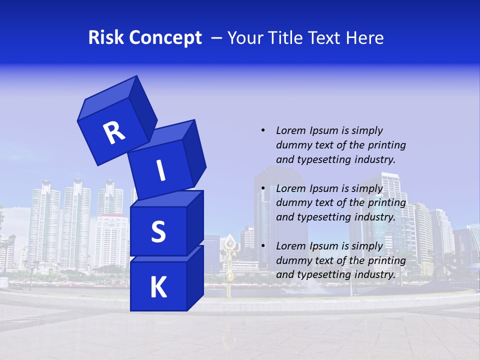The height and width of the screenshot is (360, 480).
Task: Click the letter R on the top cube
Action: (x=114, y=132)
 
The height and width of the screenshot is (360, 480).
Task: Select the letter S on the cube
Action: (x=158, y=231)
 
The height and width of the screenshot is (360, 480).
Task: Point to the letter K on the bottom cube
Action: (x=158, y=287)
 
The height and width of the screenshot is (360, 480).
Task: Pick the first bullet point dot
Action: (x=263, y=130)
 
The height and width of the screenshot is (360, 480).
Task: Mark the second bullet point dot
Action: (x=263, y=188)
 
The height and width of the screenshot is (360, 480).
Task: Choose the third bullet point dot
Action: (x=263, y=246)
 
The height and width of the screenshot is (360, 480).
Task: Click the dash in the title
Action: (x=217, y=38)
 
